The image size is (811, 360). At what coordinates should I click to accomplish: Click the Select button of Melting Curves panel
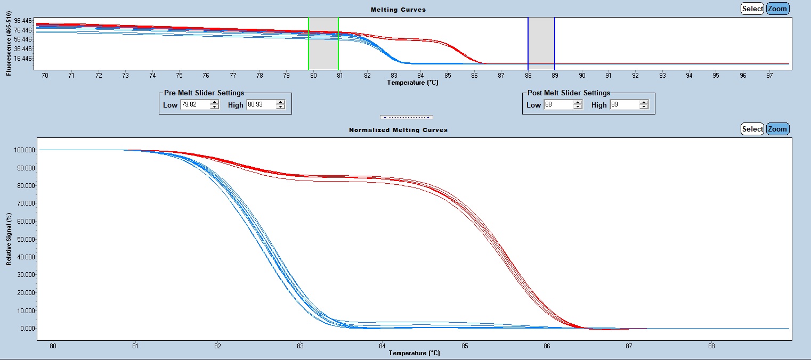pos(752,9)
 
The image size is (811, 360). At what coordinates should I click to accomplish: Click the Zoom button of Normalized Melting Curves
pos(777,129)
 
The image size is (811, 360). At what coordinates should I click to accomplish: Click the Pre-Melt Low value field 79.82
pos(194,105)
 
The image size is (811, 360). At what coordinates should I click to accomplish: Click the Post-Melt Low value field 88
pos(558,105)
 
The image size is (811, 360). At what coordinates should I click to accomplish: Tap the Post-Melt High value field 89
pos(624,105)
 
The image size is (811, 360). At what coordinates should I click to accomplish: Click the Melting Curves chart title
pos(398,10)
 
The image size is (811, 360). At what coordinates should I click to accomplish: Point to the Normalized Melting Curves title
pos(398,130)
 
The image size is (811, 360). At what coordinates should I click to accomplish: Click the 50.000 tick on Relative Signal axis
pos(23,239)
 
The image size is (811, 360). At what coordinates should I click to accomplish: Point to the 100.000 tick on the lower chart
pos(23,150)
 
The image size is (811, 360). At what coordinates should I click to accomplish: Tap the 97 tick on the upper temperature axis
pos(769,76)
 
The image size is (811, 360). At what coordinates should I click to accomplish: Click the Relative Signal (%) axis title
pos(9,239)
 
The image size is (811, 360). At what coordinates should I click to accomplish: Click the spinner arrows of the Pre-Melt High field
pos(281,105)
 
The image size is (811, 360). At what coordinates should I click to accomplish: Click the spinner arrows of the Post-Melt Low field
pos(578,105)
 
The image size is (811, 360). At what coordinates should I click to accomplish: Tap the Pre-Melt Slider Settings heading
pos(204,93)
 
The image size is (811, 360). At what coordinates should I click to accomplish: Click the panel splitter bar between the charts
pos(406,117)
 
